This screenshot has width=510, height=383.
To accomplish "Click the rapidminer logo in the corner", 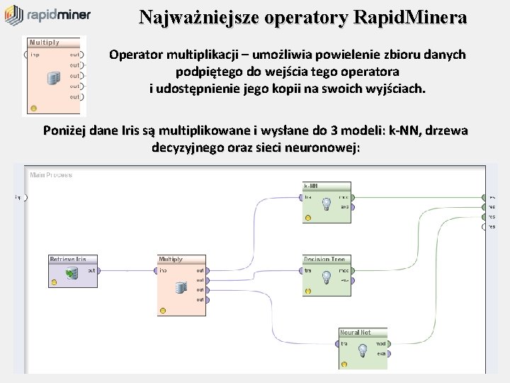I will coord(46,15).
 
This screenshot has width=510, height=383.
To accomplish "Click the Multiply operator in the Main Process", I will coord(181,284).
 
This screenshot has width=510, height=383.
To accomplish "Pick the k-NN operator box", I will coord(326,201).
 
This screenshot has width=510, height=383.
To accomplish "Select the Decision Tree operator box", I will coord(326,275).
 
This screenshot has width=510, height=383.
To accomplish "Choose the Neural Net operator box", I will coord(365,348).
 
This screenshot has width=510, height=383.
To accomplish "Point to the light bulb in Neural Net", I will coord(362,350).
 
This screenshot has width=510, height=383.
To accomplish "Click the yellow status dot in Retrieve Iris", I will coord(55,282).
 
